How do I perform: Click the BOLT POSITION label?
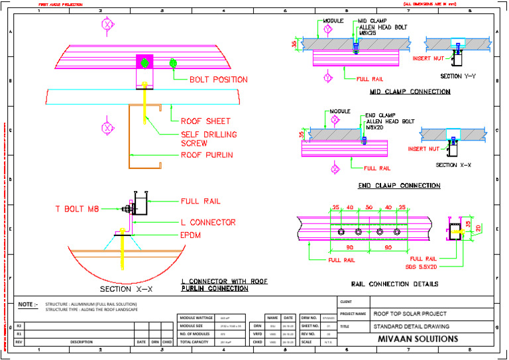219,80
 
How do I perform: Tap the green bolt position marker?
174,64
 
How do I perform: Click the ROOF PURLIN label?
207,156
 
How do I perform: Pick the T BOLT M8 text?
77,209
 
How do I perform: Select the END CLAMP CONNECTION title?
399,186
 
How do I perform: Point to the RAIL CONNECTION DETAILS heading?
394,284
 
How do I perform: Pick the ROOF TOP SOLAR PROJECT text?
410,314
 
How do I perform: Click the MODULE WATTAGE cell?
196,318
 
